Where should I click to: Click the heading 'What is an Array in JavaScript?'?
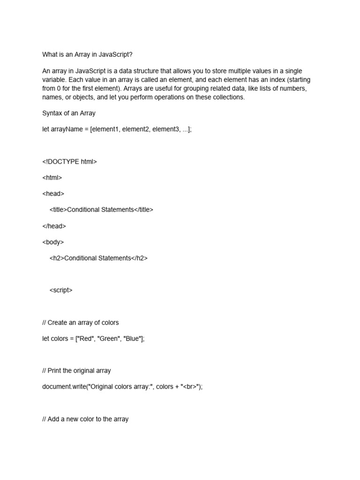(87, 54)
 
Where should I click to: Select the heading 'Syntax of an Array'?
(68, 113)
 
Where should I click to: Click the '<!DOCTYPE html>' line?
(69, 162)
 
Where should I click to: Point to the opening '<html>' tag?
(52, 178)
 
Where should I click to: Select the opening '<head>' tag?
(53, 194)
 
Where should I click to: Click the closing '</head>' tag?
(54, 226)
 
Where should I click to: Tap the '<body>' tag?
(53, 242)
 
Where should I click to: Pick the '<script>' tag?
(61, 290)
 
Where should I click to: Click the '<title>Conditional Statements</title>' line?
(101, 210)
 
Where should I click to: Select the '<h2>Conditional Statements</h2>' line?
(98, 258)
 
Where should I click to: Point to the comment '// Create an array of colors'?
(80, 322)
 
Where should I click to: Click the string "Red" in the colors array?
(86, 338)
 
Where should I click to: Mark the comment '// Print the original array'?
(76, 370)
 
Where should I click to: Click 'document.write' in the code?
(62, 387)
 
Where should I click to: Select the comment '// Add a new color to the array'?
(85, 419)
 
